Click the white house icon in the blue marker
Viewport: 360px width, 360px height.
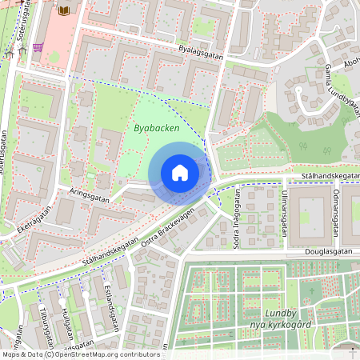coord(180,173)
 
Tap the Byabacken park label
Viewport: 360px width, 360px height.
coord(157,128)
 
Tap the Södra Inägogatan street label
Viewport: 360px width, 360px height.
coord(235,221)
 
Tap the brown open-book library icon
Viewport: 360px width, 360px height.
coord(64,11)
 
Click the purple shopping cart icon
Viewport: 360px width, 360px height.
coord(38,47)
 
